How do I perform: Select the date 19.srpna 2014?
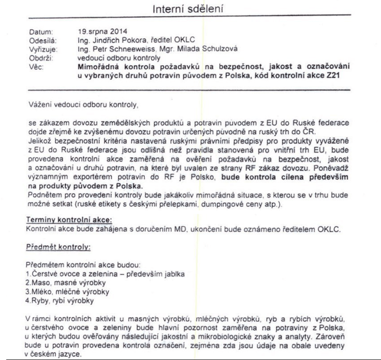tap(100, 31)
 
